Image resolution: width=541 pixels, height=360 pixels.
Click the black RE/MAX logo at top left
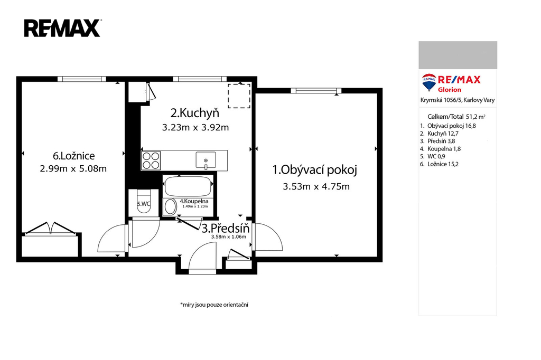62,29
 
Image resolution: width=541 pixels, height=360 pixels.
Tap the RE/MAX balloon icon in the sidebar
429,82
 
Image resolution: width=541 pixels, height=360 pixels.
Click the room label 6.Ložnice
74,156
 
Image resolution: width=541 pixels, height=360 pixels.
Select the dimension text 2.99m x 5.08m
73,168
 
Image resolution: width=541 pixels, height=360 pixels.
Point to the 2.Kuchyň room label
195,113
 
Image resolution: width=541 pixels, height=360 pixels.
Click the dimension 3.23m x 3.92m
195,127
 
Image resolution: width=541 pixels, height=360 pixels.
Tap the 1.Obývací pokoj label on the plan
315,169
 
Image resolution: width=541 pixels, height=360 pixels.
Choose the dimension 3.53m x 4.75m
316,186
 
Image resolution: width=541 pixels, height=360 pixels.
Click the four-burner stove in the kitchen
151,160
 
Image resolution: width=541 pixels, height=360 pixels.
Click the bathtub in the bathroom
188,186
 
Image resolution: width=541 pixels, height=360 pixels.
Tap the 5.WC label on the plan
144,204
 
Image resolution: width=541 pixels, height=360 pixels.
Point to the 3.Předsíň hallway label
225,228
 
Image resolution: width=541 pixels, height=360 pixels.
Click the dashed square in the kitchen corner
239,96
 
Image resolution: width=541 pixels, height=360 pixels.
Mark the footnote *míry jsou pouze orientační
214,305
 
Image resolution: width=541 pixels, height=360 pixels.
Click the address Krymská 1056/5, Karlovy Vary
458,100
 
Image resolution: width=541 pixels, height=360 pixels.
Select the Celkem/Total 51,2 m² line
456,117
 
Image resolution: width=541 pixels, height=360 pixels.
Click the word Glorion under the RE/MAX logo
450,90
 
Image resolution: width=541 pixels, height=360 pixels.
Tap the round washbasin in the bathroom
170,206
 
